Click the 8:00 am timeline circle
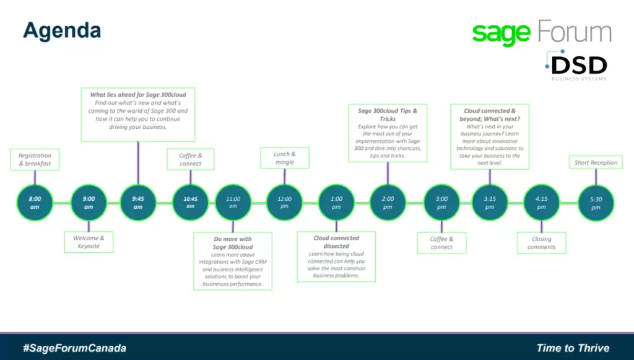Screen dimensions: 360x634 pyautogui.click(x=35, y=203)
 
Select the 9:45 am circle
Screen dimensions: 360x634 pyautogui.click(x=137, y=203)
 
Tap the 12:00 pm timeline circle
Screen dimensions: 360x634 pyautogui.click(x=284, y=203)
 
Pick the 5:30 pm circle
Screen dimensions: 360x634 pyautogui.click(x=596, y=203)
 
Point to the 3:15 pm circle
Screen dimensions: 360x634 pyautogui.click(x=490, y=203)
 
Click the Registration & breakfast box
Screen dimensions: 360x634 pyautogui.click(x=35, y=160)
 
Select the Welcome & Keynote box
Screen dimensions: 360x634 pyautogui.click(x=89, y=242)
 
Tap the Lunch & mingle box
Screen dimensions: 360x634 pyautogui.click(x=284, y=158)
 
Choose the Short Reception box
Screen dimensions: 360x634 pyautogui.click(x=596, y=163)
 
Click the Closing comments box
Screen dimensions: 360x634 pyautogui.click(x=541, y=243)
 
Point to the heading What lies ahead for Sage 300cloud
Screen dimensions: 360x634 pyautogui.click(x=137, y=95)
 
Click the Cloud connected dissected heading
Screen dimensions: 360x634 pyautogui.click(x=336, y=242)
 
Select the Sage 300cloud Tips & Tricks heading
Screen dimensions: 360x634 pyautogui.click(x=388, y=115)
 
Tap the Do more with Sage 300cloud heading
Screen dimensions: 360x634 pyautogui.click(x=233, y=242)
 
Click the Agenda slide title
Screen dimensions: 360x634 pyautogui.click(x=62, y=30)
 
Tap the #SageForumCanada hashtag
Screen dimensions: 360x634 pyautogui.click(x=74, y=348)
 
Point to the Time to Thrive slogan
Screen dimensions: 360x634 pyautogui.click(x=573, y=348)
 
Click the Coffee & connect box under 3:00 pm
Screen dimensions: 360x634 pyautogui.click(x=441, y=243)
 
